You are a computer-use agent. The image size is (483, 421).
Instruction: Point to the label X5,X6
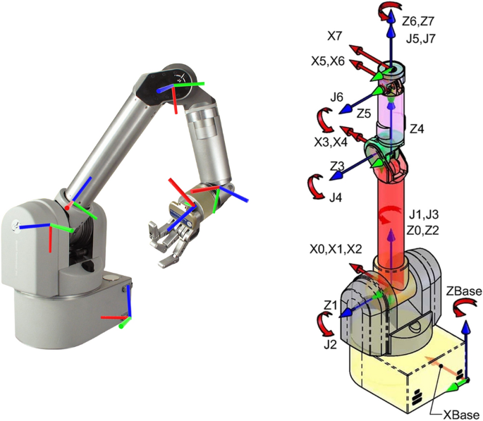coord(329,61)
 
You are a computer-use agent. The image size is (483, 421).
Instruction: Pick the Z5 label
coord(364,112)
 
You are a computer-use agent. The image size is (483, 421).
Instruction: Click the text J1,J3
coord(426,212)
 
